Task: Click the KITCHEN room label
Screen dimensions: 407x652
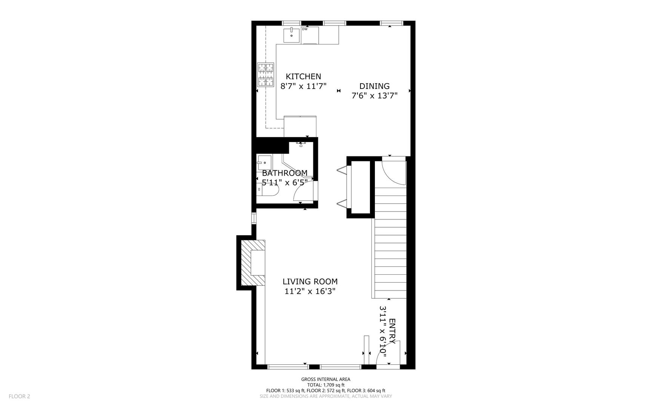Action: (303, 77)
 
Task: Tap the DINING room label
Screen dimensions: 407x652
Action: (374, 86)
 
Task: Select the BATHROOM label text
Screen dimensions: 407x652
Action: (285, 173)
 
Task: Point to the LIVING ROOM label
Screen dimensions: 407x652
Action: (310, 282)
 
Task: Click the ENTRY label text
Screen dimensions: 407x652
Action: (392, 331)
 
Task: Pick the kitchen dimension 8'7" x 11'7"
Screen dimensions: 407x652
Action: (303, 86)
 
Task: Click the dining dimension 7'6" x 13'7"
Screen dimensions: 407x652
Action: (374, 96)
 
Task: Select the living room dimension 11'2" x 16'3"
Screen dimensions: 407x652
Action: (310, 291)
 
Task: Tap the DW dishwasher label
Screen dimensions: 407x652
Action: (305, 29)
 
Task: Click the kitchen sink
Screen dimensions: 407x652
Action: (291, 35)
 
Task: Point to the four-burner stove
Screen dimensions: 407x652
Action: (265, 75)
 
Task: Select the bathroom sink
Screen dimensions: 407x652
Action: (264, 162)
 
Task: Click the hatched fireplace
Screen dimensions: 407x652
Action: (252, 263)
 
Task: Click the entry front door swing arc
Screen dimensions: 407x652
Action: (387, 352)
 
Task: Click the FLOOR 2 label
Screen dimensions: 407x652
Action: (19, 396)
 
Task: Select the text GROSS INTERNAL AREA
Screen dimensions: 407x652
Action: (325, 379)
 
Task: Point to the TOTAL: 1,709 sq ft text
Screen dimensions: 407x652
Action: (325, 385)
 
